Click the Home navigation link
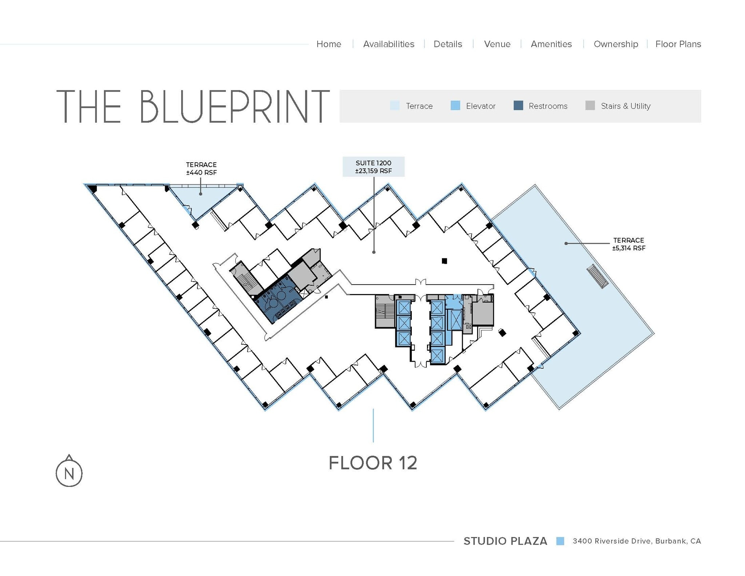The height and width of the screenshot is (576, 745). [328, 44]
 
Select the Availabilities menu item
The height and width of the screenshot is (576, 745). [389, 44]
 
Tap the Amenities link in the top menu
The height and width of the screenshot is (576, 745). [551, 44]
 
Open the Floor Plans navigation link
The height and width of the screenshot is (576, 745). [678, 44]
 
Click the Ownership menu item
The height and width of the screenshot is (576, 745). [615, 44]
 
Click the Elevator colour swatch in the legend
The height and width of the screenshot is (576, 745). [455, 106]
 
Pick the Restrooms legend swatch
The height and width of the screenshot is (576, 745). [518, 106]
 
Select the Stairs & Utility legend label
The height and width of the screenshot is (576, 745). [625, 106]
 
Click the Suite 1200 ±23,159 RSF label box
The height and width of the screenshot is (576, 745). [373, 167]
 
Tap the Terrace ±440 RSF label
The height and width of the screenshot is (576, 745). [201, 168]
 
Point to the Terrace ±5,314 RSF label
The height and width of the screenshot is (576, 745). [628, 244]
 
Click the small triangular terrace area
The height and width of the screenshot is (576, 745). [198, 198]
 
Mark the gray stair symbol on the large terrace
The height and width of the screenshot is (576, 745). [597, 276]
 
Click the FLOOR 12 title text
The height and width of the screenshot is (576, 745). [373, 463]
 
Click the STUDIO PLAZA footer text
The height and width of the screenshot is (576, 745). [505, 541]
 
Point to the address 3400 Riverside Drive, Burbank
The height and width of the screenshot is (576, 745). [636, 541]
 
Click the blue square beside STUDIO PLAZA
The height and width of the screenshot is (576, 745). [560, 541]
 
